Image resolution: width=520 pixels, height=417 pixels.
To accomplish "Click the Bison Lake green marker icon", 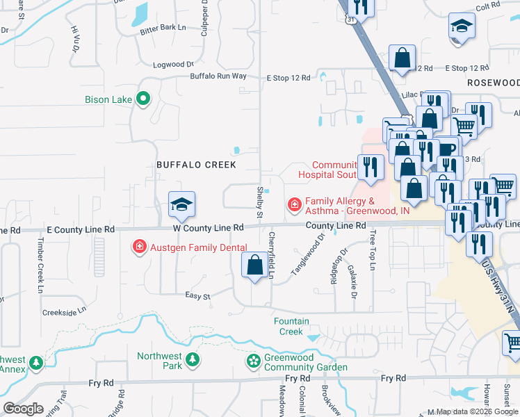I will click(x=143, y=99).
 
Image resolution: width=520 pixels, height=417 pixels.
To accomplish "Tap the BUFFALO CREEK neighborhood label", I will click(x=196, y=165).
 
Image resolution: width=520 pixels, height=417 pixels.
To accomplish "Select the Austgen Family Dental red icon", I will click(x=140, y=247).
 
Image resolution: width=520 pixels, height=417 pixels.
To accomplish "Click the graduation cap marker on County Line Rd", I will click(x=181, y=204).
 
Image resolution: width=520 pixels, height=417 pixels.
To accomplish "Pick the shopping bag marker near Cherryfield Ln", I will click(x=254, y=265).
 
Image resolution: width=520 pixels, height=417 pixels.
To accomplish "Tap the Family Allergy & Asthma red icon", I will click(x=295, y=204).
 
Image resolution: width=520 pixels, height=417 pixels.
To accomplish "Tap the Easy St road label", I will click(x=197, y=295).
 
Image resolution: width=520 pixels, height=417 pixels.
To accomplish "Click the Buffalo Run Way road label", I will click(x=218, y=76).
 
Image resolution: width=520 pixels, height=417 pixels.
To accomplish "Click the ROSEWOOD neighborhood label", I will click(x=494, y=82).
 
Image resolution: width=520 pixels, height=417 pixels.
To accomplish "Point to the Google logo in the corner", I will click(x=23, y=409).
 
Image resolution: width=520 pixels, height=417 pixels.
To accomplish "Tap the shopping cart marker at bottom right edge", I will click(x=512, y=343).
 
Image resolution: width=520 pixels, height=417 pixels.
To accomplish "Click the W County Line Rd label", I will click(x=209, y=227).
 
